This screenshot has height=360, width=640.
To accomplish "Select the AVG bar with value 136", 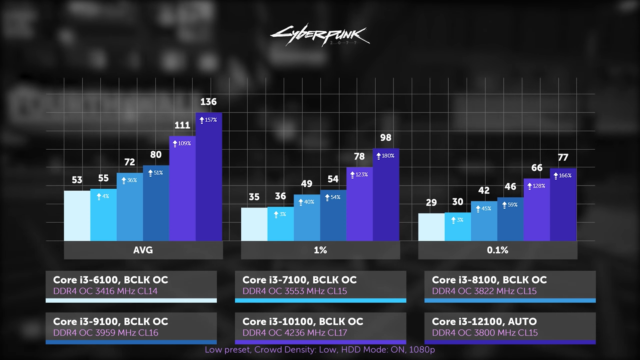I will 209,180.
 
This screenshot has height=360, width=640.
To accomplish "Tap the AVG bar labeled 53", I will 77,216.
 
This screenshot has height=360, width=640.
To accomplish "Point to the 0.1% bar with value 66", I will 537,212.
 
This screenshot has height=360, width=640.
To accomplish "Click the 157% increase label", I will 208,120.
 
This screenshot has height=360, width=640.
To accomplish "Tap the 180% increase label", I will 386,156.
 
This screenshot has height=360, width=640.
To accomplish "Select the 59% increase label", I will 510,205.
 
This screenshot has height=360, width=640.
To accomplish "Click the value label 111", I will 182,125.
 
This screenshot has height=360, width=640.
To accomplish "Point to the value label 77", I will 563,158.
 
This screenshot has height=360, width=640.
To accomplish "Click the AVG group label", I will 143,250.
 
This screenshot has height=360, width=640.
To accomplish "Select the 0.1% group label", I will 498,250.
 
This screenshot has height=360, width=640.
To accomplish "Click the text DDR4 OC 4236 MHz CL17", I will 295,333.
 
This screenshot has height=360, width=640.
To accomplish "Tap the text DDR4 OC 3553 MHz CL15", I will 295,291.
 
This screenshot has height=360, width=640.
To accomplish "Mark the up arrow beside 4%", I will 99,197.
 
